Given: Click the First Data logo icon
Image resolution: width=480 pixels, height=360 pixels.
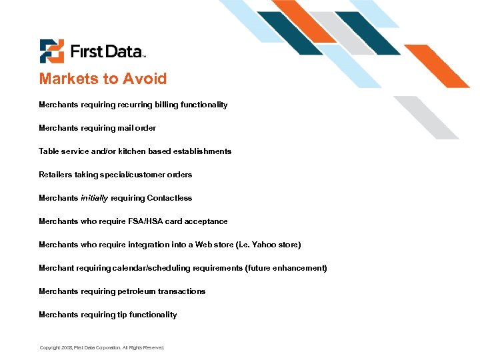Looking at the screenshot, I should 51,51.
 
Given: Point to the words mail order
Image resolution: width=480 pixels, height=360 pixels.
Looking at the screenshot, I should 137,128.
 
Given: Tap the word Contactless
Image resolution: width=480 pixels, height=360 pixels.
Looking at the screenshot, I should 169,198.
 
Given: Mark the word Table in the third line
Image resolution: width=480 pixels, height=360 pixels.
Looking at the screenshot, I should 49,151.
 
